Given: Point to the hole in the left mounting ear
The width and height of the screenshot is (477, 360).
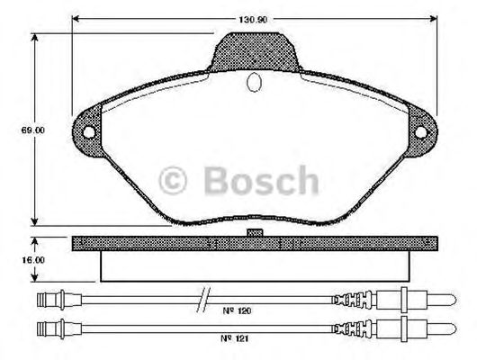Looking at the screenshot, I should (88, 130).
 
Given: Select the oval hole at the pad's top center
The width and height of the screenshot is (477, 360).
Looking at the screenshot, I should (255, 84).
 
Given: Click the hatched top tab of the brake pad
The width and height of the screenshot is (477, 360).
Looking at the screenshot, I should (255, 51).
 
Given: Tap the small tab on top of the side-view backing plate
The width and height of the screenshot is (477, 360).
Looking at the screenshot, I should (255, 234).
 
